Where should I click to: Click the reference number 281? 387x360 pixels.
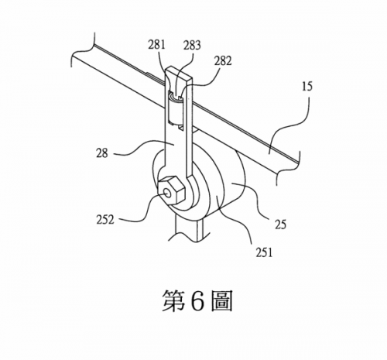pos(156,44)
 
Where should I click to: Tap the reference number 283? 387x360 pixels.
pos(192,45)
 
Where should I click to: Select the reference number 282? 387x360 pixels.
pos(223,61)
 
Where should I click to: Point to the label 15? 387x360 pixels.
pos(307,86)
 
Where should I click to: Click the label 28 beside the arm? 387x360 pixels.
pos(102,153)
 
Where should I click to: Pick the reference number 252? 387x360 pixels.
pos(105,220)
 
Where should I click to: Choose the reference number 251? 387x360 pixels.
pos(264,252)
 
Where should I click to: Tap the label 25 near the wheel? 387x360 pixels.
pos(280,225)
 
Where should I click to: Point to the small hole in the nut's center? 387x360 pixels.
pos(168,194)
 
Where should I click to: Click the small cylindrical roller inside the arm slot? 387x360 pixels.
pos(175,110)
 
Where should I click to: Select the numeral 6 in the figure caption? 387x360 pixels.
pos(197,301)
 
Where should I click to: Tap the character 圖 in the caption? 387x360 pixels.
pos(221,301)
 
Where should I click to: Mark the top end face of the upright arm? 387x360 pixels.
pos(180,73)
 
